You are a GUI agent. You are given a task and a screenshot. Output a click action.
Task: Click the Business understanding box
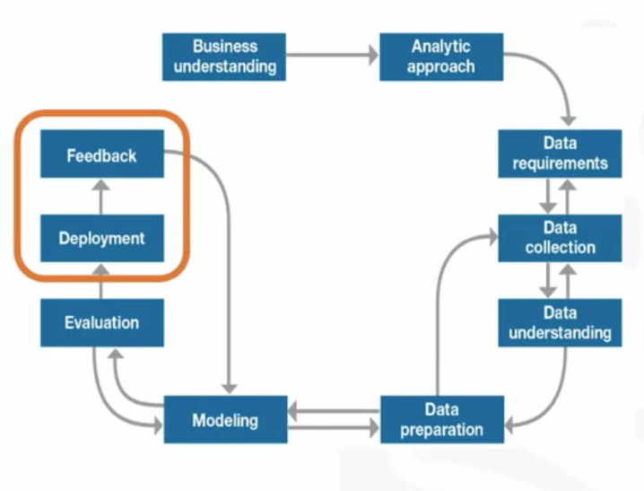(x=224, y=56)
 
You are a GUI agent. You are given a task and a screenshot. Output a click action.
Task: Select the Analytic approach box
(x=439, y=56)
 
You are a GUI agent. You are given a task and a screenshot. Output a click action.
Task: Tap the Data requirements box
(x=560, y=153)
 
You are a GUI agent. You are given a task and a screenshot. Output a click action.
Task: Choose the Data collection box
(x=560, y=238)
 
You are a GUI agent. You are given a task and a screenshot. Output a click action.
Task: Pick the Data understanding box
(x=560, y=322)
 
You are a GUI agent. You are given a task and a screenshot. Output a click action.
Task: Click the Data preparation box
(x=441, y=419)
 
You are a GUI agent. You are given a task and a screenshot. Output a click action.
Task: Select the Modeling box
(x=225, y=419)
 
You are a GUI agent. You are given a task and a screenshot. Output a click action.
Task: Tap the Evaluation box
(x=101, y=322)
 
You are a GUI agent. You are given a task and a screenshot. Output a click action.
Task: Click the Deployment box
(x=101, y=239)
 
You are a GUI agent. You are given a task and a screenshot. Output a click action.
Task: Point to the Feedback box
(x=101, y=154)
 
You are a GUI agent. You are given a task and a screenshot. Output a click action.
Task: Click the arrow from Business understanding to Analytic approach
(x=332, y=56)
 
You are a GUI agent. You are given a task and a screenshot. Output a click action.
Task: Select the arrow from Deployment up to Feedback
(x=101, y=197)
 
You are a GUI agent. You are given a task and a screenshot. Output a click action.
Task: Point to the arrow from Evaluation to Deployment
(x=101, y=280)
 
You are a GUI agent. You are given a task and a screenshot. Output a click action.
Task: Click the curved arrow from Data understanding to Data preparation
(x=552, y=395)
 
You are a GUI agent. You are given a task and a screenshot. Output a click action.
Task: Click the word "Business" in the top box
(x=224, y=46)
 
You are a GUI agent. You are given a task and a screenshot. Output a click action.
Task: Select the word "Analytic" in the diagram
(x=439, y=46)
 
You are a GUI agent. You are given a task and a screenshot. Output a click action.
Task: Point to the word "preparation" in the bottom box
(x=441, y=429)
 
